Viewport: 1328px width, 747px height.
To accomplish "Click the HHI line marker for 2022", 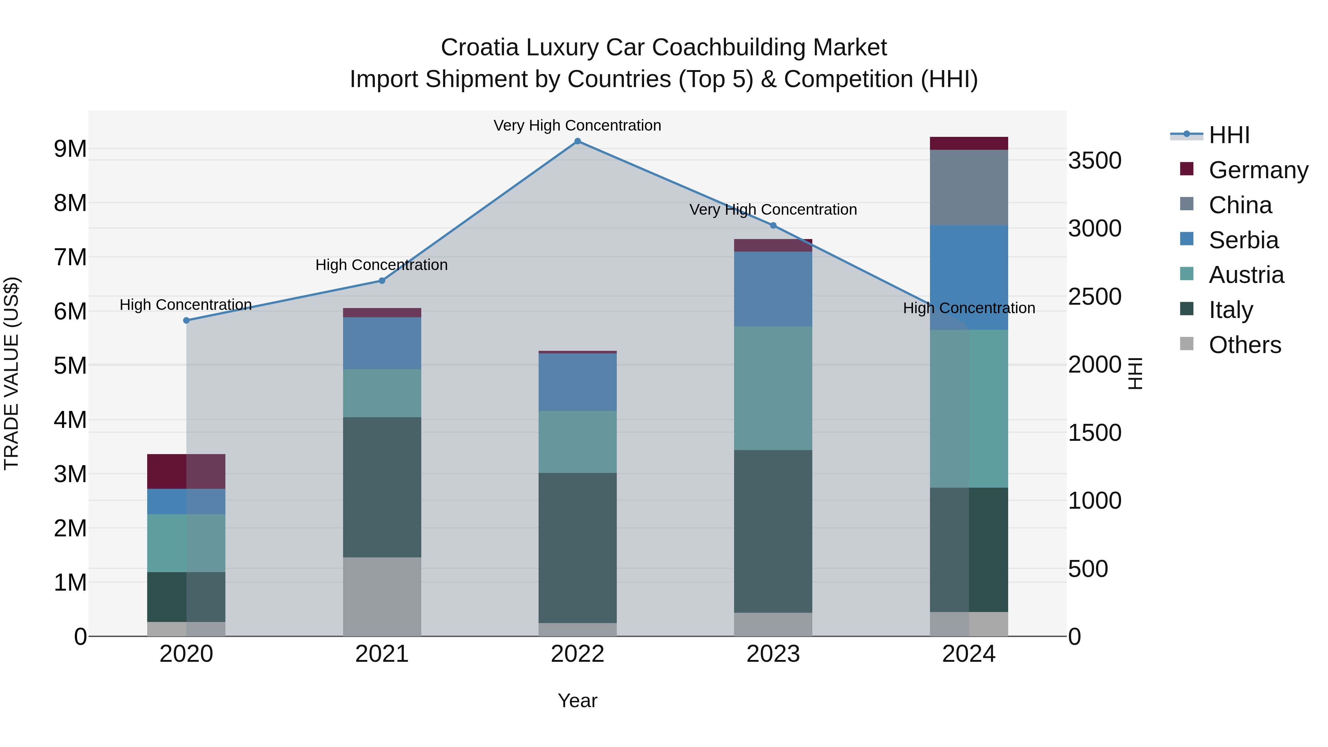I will (x=577, y=141).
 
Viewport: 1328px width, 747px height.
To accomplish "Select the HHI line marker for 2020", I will (x=187, y=321).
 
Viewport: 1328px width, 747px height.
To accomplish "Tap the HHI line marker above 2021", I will (x=382, y=281).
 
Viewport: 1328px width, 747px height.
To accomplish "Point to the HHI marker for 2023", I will (x=773, y=226).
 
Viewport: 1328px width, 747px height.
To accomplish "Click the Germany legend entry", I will (x=1258, y=170).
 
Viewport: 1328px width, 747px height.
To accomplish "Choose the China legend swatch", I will (x=1186, y=204).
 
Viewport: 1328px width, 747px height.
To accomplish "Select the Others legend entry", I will (x=1245, y=345).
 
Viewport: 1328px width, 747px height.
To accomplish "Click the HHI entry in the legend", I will (x=1229, y=135).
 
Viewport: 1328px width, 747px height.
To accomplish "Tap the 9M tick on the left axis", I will (x=70, y=149).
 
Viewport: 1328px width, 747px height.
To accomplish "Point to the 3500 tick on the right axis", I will (x=1094, y=161).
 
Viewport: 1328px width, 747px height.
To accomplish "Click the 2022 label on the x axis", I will (x=577, y=654).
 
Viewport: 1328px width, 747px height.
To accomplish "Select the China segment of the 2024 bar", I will (x=969, y=188).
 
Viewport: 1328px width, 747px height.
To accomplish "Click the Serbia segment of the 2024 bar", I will (x=969, y=277).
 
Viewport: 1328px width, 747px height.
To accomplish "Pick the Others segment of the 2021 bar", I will (x=382, y=596).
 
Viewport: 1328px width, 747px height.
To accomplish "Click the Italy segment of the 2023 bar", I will (x=773, y=531).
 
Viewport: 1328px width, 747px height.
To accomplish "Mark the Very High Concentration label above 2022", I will (x=577, y=126).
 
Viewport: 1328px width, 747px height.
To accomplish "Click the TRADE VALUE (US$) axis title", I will (x=11, y=373).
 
